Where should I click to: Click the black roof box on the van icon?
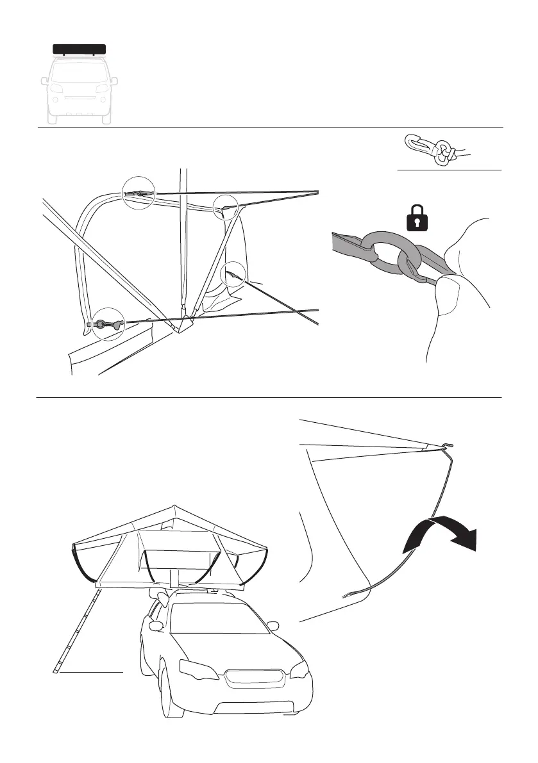pyautogui.click(x=79, y=49)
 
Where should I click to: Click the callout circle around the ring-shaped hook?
pyautogui.click(x=107, y=324)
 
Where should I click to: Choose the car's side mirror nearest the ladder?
pyautogui.click(x=155, y=623)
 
